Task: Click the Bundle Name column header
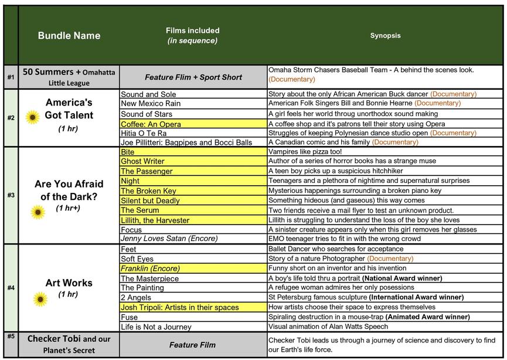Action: tap(69, 35)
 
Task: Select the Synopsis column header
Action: tap(385, 35)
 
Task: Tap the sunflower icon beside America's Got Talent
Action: tap(33, 117)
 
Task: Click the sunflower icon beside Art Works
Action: tap(40, 300)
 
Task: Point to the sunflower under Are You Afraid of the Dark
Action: tap(38, 212)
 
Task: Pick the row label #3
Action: tap(11, 195)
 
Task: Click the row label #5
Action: tap(11, 337)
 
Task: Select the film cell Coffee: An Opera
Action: tap(151, 124)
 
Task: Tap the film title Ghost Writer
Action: tap(142, 161)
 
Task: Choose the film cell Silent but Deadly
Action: tap(150, 201)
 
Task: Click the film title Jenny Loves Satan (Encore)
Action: tap(169, 239)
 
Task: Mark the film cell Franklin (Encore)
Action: tap(150, 269)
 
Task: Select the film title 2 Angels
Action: tap(135, 298)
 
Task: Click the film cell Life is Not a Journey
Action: tap(156, 327)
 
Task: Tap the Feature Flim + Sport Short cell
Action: tap(193, 77)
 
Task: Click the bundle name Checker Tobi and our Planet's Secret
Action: tap(69, 344)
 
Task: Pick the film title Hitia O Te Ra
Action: tap(144, 133)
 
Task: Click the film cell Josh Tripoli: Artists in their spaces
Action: tap(179, 307)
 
